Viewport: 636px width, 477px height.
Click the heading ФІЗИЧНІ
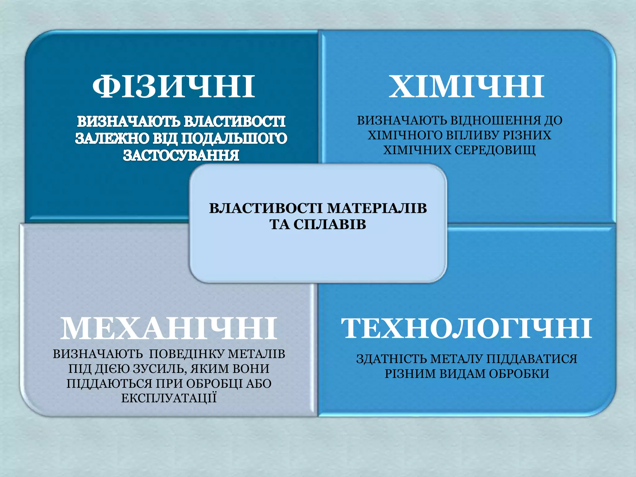pos(173,87)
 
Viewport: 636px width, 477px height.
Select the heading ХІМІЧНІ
pos(466,87)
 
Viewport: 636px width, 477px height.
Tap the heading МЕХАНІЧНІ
pos(168,328)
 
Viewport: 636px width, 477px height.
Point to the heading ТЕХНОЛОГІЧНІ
pos(466,328)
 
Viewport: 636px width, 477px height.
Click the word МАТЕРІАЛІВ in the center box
pos(377,208)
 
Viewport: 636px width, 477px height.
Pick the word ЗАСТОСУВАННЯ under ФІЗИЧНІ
pos(181,155)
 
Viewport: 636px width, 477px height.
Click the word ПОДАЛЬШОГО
pos(234,138)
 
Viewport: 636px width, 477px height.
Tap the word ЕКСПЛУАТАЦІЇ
pos(169,398)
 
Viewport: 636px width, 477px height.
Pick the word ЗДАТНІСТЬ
pos(391,359)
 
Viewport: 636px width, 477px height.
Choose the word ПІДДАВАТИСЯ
pos(531,359)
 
